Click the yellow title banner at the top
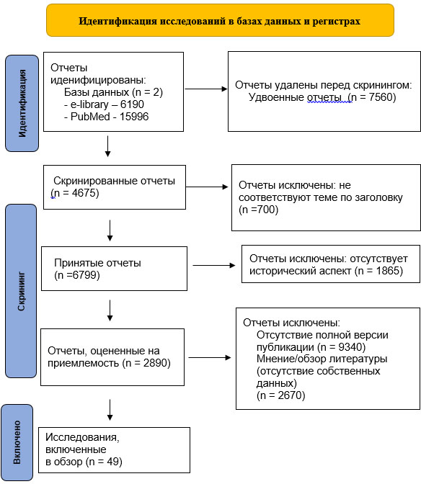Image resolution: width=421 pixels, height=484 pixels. click(x=220, y=20)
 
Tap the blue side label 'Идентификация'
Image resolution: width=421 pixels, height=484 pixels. click(x=22, y=104)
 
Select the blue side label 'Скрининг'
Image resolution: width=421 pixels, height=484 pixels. click(x=21, y=291)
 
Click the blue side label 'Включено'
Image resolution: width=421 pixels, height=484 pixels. click(x=17, y=442)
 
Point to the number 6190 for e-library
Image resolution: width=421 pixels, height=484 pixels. click(x=132, y=104)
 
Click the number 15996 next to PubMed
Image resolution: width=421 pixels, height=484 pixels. click(x=134, y=117)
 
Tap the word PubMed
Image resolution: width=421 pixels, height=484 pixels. click(x=90, y=117)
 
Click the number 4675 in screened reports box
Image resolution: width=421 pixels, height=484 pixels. click(x=84, y=192)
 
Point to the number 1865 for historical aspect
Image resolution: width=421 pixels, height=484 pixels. click(x=388, y=271)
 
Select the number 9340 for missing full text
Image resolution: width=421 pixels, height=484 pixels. click(x=350, y=347)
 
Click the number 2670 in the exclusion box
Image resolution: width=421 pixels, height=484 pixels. click(x=290, y=395)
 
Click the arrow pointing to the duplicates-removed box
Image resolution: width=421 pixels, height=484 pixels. click(x=206, y=89)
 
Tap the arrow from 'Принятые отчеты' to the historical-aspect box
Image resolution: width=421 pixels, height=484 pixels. click(x=213, y=265)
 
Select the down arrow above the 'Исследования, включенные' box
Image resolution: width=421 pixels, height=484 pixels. click(x=110, y=410)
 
